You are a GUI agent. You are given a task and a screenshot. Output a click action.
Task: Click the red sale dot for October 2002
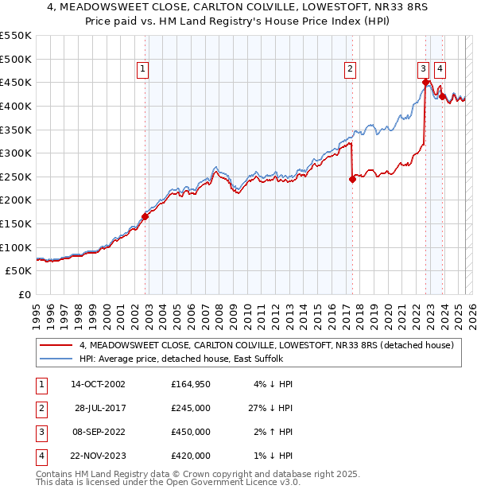(145, 216)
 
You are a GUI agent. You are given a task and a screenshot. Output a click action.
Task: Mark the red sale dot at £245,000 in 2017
(352, 179)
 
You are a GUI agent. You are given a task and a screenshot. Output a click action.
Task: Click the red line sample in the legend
(57, 345)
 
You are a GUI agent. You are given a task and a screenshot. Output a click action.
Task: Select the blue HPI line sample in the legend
(57, 359)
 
